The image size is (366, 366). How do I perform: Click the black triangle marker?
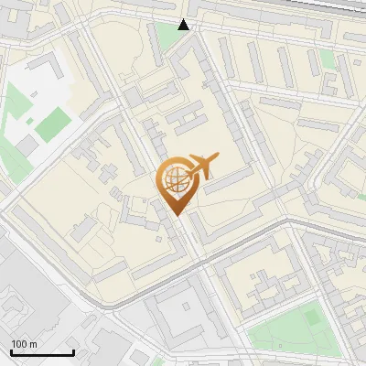click(x=184, y=25)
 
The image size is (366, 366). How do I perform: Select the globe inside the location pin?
click(x=176, y=179)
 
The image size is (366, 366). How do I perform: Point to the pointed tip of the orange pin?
click(x=175, y=215)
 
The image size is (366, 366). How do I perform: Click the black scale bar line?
click(x=42, y=352)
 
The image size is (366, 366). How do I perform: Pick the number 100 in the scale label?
click(x=18, y=343)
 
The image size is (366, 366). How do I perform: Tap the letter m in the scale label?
click(x=32, y=343)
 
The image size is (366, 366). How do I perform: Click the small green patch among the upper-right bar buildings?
click(x=327, y=59)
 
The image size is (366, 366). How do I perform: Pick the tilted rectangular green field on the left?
click(x=52, y=120)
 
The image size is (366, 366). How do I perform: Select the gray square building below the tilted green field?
click(x=27, y=145)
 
